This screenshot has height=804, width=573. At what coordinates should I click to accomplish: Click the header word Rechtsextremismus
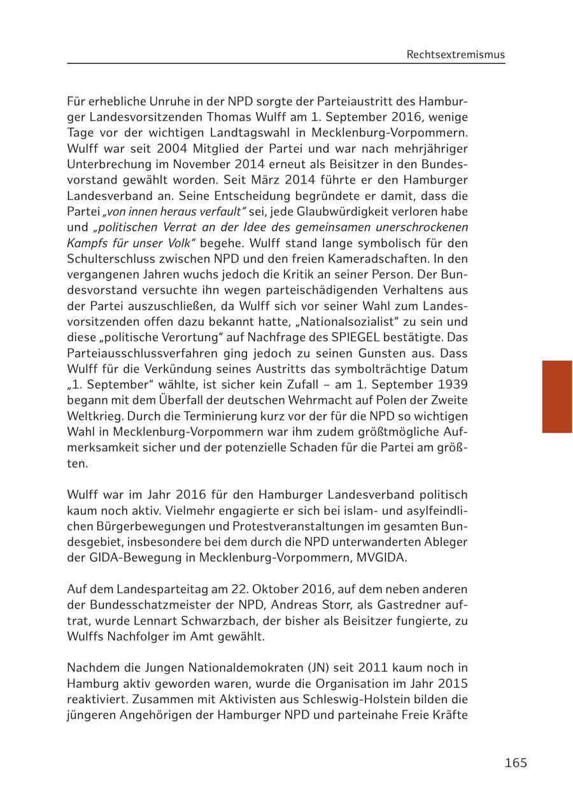pyautogui.click(x=455, y=55)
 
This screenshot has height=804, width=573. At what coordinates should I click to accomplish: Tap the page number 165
pyautogui.click(x=516, y=763)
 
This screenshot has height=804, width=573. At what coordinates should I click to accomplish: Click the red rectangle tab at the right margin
pyautogui.click(x=557, y=396)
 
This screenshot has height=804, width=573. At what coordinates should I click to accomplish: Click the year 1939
pyautogui.click(x=451, y=384)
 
